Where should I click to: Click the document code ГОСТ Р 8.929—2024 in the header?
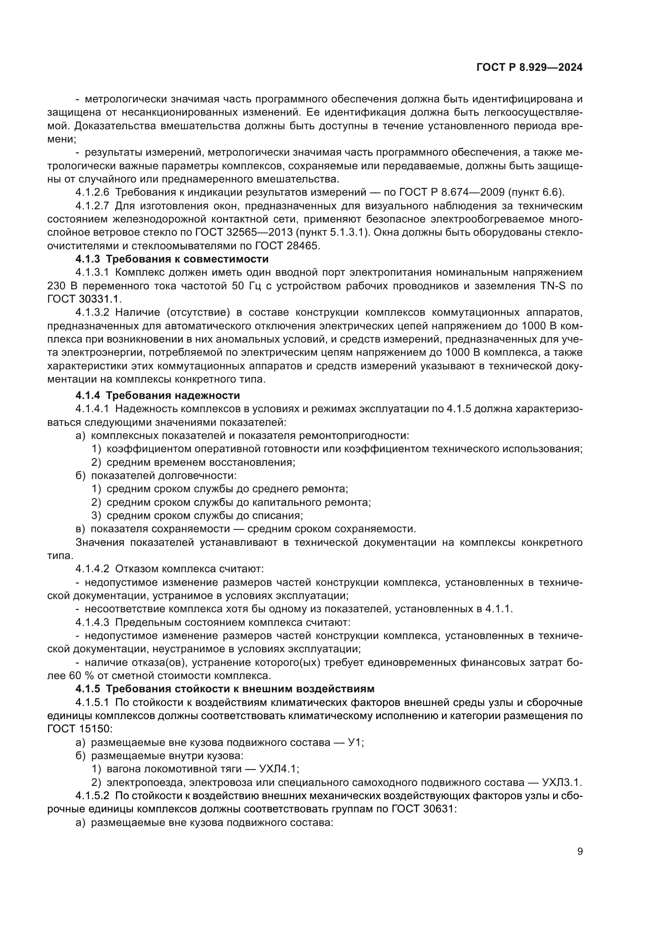tap(529, 68)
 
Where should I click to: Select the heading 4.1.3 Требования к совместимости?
tap(172, 259)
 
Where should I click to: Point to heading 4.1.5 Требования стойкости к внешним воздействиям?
tap(225, 689)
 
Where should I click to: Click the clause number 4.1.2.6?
tap(92, 192)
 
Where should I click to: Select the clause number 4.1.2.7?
tap(92, 205)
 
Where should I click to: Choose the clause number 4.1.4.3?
tap(92, 622)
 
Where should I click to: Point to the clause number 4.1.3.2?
tap(92, 312)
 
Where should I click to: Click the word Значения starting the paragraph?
tap(100, 542)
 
